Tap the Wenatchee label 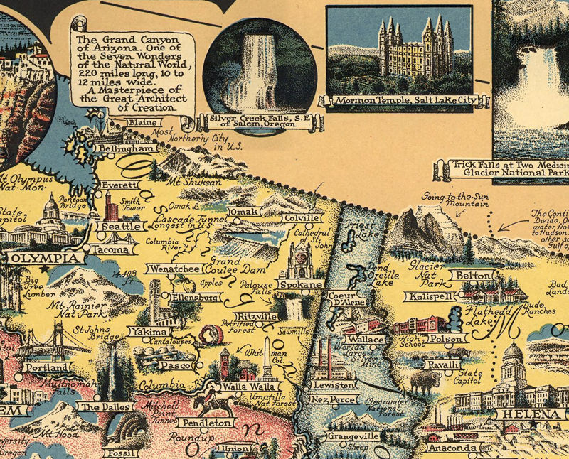[x=173, y=269]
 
